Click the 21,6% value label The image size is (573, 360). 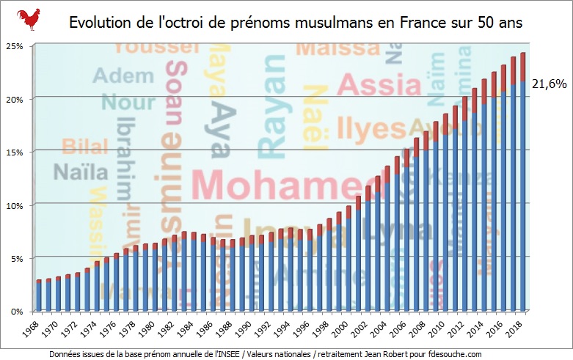[x=549, y=84]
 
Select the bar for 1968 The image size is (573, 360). [x=39, y=296]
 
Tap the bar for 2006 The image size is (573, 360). [x=406, y=235]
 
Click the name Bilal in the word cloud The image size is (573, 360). [x=84, y=146]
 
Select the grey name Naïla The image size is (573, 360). [x=80, y=173]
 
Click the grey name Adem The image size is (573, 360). [x=113, y=76]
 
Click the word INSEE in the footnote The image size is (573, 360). [x=220, y=354]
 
